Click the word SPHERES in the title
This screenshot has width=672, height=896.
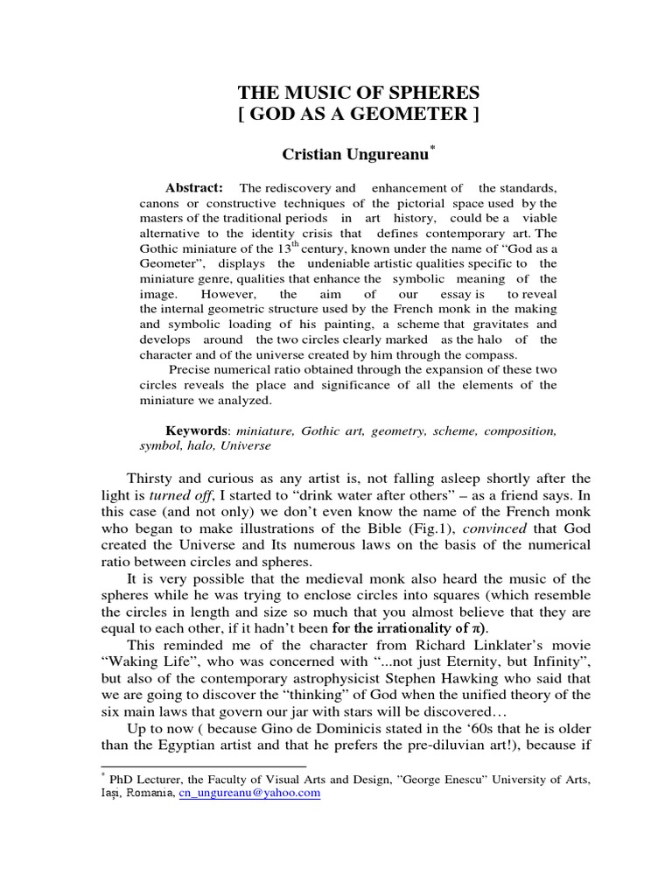(435, 92)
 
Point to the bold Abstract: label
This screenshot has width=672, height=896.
(194, 187)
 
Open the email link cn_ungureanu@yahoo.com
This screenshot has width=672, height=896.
(248, 793)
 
